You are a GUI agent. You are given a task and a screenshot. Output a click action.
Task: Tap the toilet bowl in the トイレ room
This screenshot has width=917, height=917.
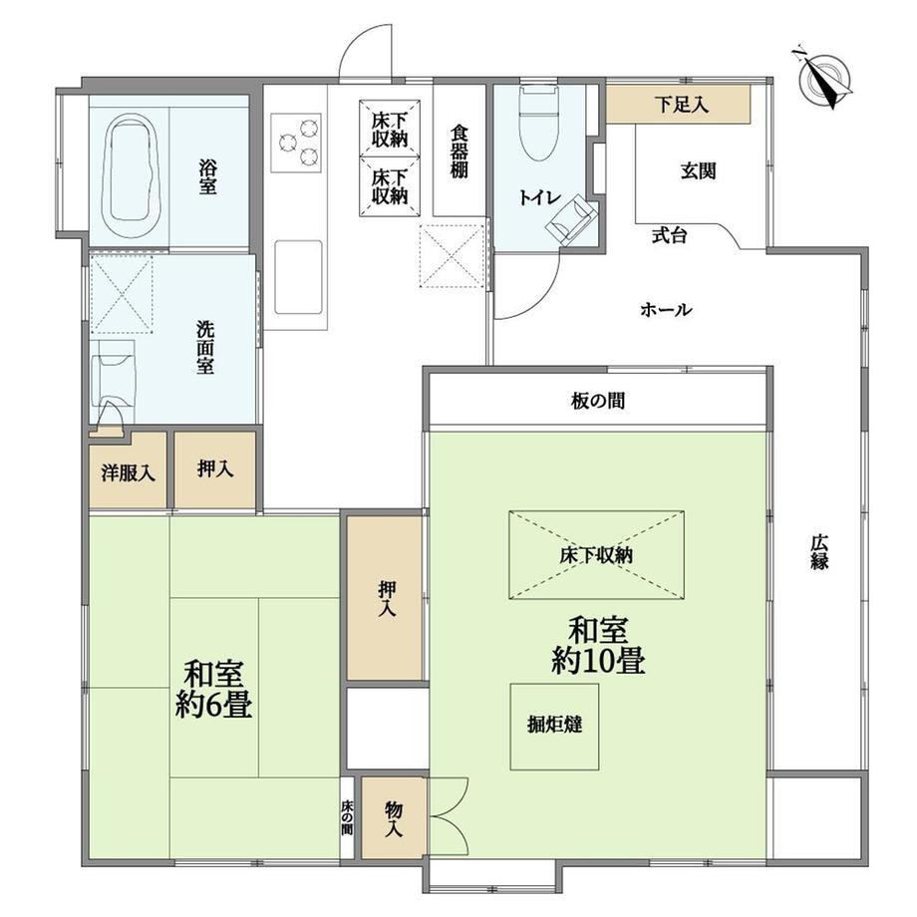(539, 124)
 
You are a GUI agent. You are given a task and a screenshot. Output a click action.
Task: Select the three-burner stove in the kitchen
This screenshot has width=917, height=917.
(296, 143)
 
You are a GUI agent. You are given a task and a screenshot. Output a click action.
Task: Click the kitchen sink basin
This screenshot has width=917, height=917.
(298, 276)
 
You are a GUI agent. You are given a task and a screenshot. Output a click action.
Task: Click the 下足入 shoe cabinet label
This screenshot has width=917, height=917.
(682, 105)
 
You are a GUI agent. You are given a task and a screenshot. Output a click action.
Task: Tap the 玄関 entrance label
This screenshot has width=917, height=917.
(699, 170)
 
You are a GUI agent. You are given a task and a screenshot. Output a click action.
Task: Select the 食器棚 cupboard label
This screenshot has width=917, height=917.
(459, 151)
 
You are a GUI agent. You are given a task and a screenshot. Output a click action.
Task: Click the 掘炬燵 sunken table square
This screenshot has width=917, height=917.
(554, 727)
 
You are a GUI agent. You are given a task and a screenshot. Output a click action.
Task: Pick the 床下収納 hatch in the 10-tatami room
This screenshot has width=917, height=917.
(596, 554)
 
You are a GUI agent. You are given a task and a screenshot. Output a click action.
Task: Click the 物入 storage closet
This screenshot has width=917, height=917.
(393, 817)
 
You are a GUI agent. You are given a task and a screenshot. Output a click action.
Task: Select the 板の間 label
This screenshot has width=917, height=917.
(598, 401)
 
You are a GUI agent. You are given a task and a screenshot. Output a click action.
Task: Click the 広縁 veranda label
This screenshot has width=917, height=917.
(818, 552)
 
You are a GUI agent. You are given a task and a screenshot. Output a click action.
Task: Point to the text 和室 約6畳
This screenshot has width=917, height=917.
(213, 690)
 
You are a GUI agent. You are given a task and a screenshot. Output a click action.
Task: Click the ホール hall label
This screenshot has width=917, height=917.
(666, 309)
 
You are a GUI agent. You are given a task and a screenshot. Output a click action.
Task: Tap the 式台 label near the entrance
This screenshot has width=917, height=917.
(669, 235)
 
